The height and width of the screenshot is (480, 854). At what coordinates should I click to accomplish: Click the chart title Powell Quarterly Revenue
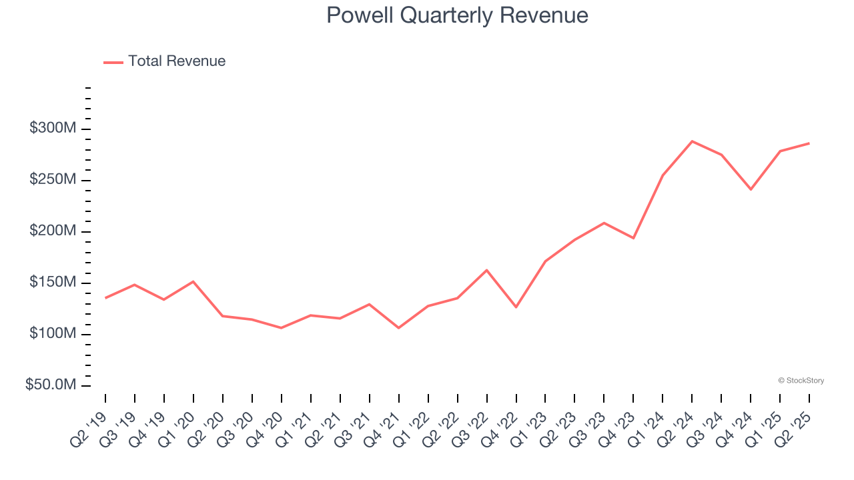pos(457,15)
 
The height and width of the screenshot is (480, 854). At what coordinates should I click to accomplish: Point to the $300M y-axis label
pos(53,129)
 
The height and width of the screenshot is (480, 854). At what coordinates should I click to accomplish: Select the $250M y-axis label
pos(53,180)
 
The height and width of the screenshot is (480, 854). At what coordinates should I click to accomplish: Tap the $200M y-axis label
pos(53,231)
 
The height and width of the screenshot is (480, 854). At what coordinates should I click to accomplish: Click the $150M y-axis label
pos(53,283)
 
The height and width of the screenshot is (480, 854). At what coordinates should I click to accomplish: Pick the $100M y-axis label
pos(53,334)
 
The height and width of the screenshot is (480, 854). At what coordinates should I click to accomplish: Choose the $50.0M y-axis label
pos(51,385)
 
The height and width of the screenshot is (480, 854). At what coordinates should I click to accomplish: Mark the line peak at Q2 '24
pos(692,141)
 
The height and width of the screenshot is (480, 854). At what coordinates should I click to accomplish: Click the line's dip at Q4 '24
pos(751,189)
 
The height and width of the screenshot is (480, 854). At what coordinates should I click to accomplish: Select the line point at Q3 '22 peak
pos(486,270)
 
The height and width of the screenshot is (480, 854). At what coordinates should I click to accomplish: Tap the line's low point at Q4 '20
pos(281,328)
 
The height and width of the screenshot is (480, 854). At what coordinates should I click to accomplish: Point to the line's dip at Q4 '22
pos(516,307)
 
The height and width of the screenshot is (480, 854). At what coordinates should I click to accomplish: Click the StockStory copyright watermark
pos(801,381)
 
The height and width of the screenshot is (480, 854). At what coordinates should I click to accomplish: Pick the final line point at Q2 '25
pos(809,143)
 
